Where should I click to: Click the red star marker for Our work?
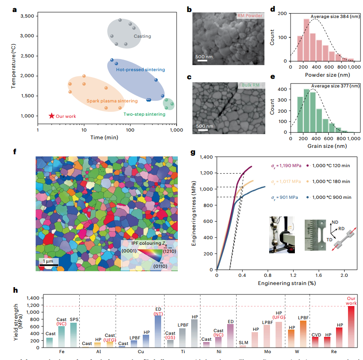tap(51, 116)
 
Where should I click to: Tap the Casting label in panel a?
tap(142, 36)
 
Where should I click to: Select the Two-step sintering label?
tap(144, 114)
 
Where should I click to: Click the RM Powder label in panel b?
tap(249, 16)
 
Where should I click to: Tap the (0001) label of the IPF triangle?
tap(129, 250)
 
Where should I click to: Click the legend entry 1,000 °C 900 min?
tap(332, 197)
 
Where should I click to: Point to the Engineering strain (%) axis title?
tap(285, 284)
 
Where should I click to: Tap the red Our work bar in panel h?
tap(351, 326)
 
